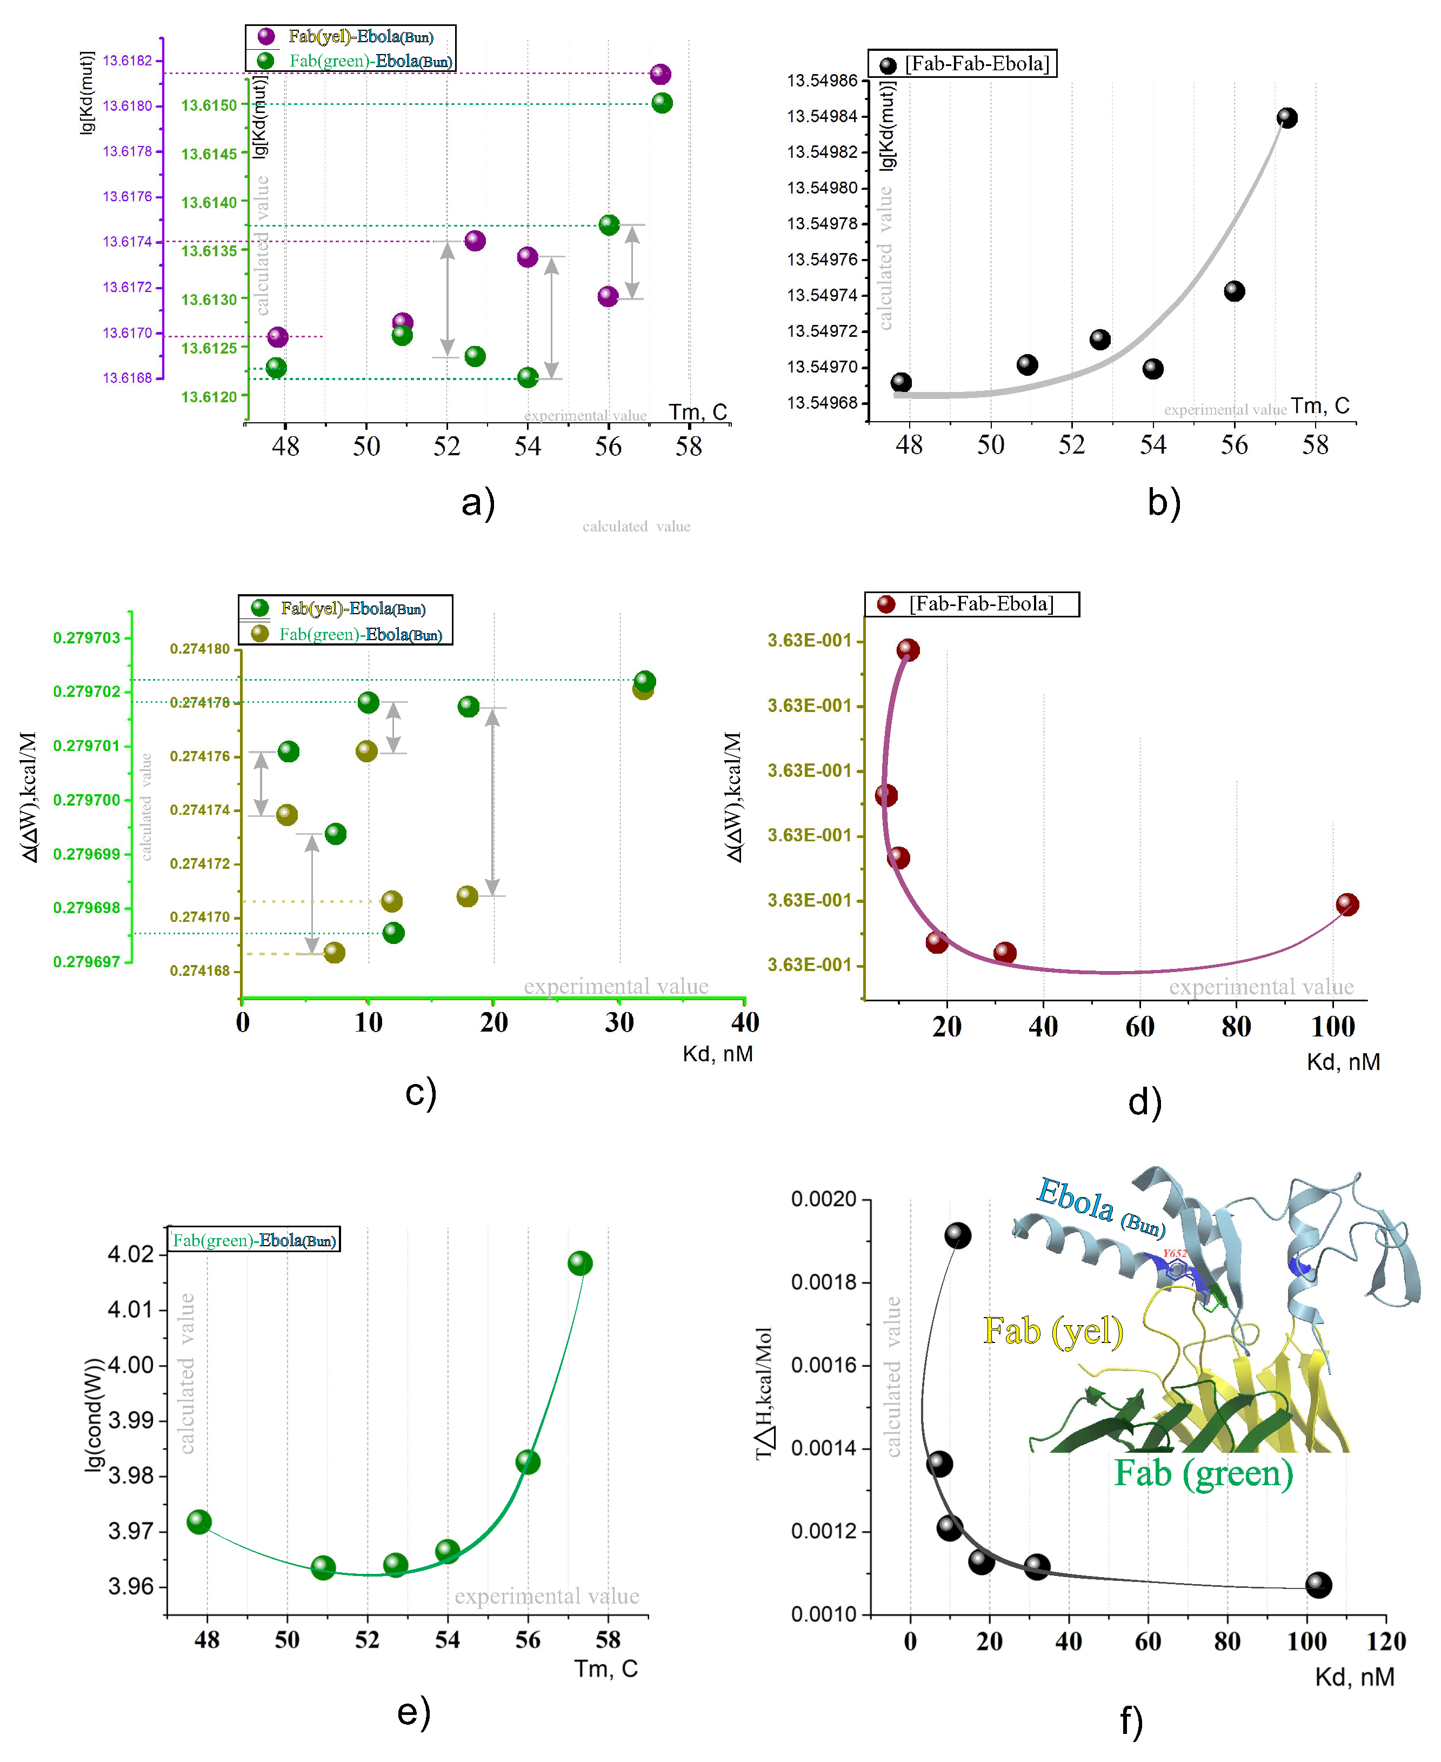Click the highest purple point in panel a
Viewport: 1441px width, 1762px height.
point(660,74)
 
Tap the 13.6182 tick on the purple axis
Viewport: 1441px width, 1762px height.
point(127,61)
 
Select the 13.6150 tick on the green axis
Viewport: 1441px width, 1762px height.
point(209,105)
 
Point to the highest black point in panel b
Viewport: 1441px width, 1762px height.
point(1286,118)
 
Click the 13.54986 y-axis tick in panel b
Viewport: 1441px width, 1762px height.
point(822,81)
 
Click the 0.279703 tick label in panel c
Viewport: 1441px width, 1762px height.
point(86,638)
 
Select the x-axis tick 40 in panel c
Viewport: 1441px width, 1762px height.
point(745,1022)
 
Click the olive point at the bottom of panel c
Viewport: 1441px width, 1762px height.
point(333,953)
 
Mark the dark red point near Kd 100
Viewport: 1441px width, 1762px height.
point(1347,905)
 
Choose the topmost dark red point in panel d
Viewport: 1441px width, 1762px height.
point(908,649)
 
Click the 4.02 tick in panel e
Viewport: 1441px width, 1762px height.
point(131,1254)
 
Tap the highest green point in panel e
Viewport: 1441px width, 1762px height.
point(579,1263)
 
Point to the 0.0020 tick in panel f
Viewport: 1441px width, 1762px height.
point(823,1199)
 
